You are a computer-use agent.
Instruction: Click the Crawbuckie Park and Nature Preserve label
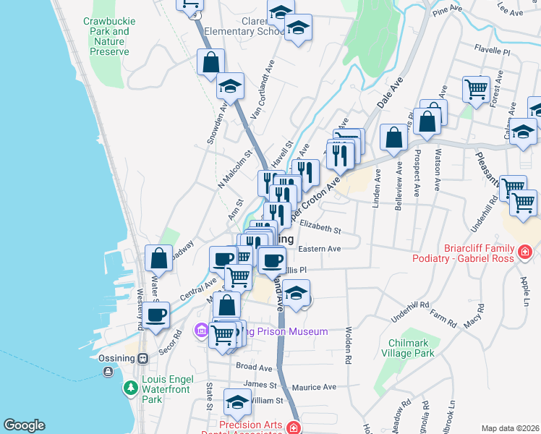(106, 37)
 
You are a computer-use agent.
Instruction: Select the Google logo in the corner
(24, 425)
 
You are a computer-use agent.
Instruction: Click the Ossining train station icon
(143, 358)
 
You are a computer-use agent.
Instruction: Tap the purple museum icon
(201, 331)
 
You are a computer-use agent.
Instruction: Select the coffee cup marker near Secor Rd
(156, 315)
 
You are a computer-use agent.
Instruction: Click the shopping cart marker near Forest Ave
(476, 90)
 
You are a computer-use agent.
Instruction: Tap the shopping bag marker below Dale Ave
(393, 137)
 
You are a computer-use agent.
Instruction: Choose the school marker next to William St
(237, 401)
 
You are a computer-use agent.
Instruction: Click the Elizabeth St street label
(320, 228)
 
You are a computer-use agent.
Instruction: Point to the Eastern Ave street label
(319, 249)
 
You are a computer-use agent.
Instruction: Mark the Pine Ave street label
(446, 11)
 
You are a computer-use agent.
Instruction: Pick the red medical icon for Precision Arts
(294, 428)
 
